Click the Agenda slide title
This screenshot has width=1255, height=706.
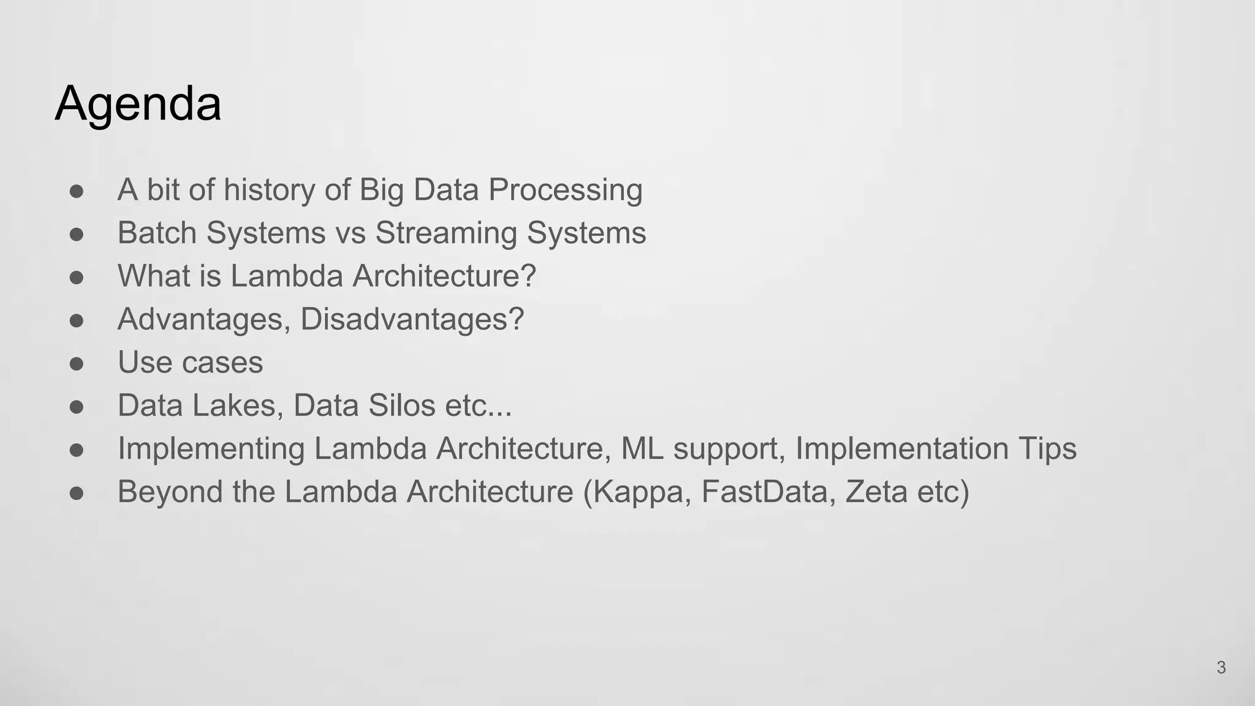coord(138,104)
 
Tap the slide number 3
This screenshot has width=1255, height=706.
coord(1221,667)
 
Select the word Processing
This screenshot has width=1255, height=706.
coord(565,191)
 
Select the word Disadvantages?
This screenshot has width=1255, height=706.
coord(412,319)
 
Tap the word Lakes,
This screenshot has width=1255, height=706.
coord(238,406)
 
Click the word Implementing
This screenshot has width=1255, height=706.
coord(211,449)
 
